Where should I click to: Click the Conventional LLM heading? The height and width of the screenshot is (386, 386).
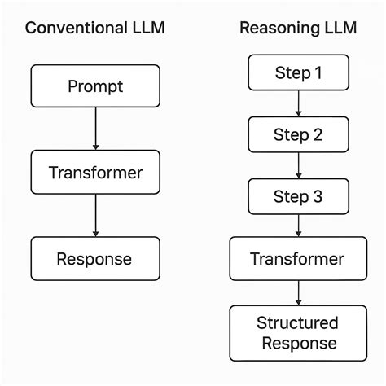96,28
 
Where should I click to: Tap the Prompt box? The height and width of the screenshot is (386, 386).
96,85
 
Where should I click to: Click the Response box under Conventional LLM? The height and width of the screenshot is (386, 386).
96,259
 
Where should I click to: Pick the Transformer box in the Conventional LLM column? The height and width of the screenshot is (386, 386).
96,172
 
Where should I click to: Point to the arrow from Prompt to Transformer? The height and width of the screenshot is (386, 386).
96,128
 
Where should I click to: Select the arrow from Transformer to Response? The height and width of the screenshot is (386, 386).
96,215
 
